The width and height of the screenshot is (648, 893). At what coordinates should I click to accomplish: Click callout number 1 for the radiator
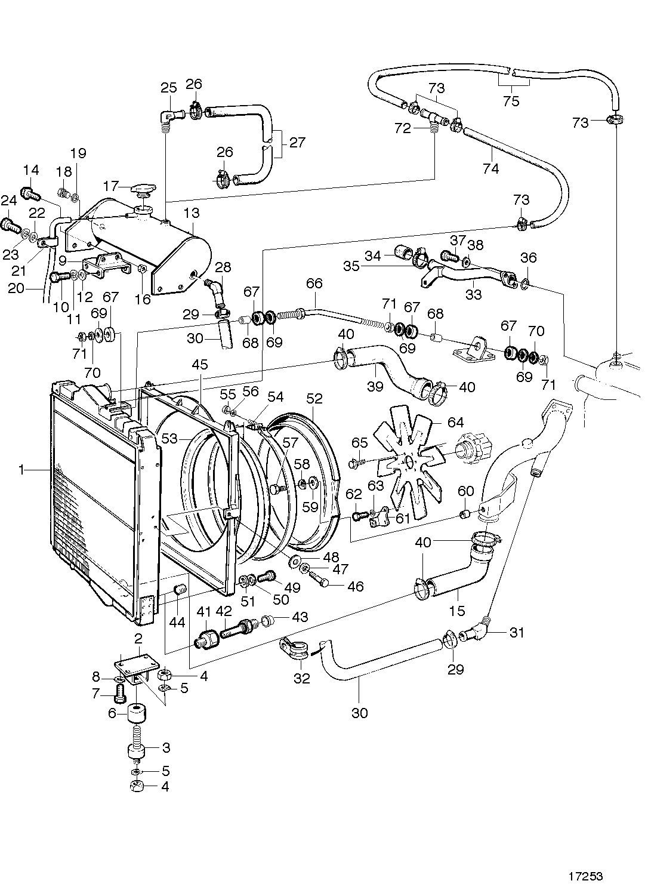pos(21,470)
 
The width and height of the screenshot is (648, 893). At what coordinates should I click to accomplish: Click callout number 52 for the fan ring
pos(314,398)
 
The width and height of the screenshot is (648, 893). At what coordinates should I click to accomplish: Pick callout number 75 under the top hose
pos(511,101)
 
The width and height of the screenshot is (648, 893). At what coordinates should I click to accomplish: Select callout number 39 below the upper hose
pos(375,386)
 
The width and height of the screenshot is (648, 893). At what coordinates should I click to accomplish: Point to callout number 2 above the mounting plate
pos(138,638)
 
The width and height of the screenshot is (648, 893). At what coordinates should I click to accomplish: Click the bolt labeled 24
pos(11,226)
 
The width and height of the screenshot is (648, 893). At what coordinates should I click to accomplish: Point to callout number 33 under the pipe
pos(473,295)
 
